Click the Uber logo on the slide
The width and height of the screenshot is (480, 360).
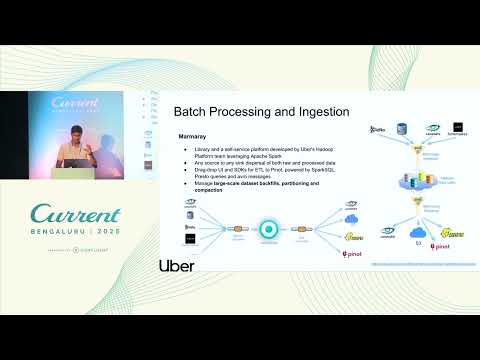[176, 265]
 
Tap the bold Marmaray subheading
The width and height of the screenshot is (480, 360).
[192, 135]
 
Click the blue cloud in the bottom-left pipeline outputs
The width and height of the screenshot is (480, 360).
[351, 219]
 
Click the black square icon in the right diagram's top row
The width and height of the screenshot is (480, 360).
[459, 127]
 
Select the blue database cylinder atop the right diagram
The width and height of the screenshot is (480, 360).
[401, 128]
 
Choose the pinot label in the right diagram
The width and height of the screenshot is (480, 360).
[440, 244]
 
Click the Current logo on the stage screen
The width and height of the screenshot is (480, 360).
[72, 104]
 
